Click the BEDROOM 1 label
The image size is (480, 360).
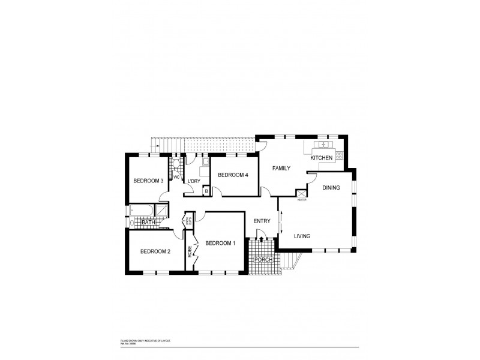220,243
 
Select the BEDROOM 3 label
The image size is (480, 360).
148,181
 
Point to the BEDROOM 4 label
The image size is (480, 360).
233,175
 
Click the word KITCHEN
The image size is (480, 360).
321,158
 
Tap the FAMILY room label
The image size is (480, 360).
281,169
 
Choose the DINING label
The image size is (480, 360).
331,188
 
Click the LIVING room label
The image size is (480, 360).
302,236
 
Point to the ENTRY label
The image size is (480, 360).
262,221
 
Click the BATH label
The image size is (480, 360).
148,223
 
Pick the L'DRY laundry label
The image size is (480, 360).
194,181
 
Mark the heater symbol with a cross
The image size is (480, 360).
301,193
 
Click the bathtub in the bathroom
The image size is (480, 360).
141,211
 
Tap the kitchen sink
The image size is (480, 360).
323,145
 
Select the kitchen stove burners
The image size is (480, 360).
339,155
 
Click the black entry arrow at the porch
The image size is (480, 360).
261,239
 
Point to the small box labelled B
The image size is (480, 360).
206,191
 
